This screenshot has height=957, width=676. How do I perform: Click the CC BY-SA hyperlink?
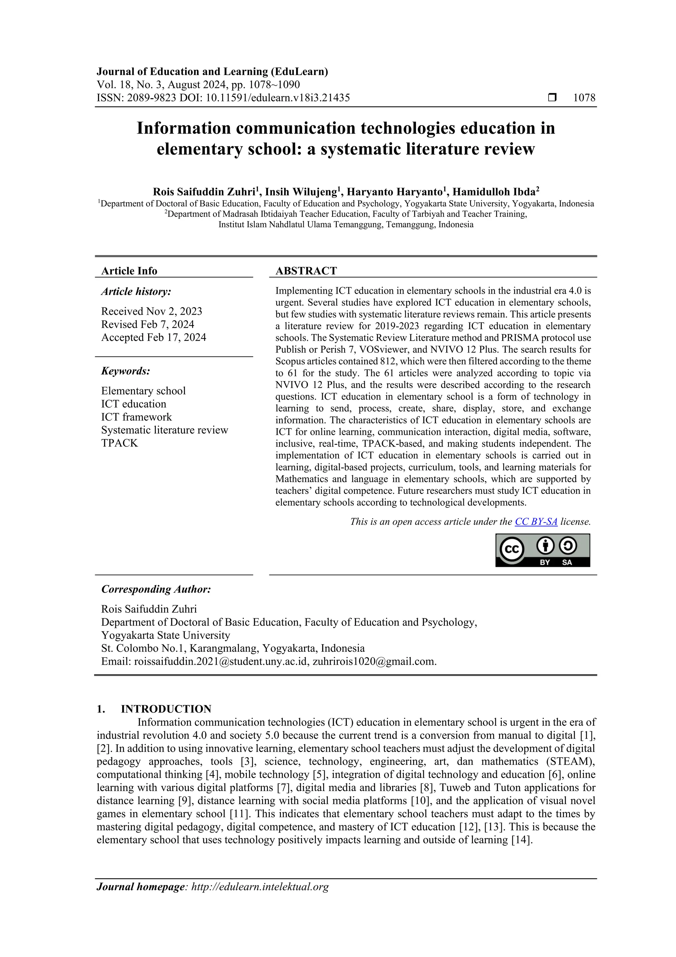click(536, 521)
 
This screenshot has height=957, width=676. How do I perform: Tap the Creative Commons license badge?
click(542, 550)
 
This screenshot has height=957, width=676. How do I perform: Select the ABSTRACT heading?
click(306, 271)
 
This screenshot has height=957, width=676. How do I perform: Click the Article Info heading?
click(129, 271)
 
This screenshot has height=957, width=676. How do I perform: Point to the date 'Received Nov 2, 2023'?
click(152, 312)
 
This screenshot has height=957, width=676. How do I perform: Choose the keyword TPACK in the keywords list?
click(119, 443)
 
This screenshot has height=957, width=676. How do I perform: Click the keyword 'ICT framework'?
click(136, 417)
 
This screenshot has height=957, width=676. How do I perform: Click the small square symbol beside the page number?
click(552, 97)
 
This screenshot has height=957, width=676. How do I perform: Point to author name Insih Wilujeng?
click(301, 192)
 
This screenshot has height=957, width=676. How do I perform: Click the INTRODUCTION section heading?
click(166, 709)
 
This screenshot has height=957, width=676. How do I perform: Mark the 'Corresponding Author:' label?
click(156, 589)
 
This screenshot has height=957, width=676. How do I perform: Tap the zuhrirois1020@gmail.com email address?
click(373, 661)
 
